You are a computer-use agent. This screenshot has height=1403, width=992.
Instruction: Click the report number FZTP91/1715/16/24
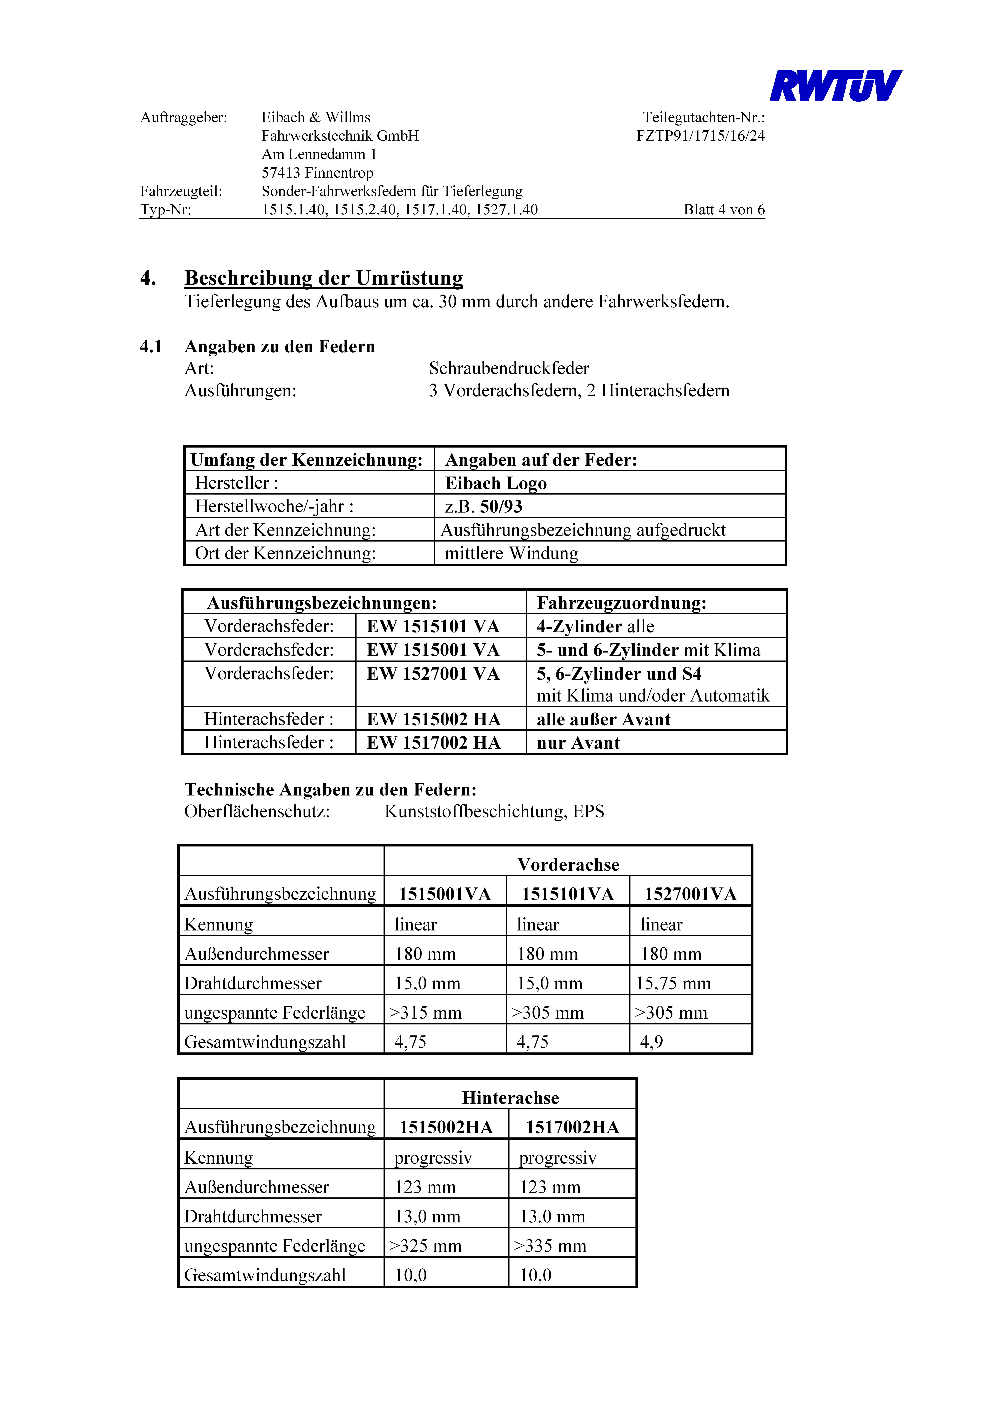pos(700,136)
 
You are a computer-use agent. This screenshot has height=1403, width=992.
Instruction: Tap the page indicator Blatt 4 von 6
pos(724,210)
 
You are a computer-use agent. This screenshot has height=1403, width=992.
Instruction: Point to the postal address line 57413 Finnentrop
pos(317,173)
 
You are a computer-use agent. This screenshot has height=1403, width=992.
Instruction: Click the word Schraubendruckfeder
pos(508,369)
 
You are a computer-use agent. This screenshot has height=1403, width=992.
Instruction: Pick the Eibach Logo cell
pos(496,483)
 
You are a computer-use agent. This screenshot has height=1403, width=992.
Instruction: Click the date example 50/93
pos(501,507)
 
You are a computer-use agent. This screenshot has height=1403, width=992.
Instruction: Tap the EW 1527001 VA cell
pos(433,674)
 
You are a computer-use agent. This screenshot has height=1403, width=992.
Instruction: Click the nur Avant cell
pos(578,743)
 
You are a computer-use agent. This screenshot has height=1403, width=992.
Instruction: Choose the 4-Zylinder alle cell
pos(595,626)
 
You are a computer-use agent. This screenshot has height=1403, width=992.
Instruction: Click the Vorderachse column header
pos(568,865)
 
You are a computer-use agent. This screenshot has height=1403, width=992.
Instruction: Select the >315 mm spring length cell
pos(425,1012)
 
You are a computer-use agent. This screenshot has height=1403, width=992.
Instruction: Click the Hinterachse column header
pos(510,1098)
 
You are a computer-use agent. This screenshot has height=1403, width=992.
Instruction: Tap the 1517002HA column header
pos(572,1127)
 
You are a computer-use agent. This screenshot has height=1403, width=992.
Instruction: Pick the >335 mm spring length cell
pos(550,1246)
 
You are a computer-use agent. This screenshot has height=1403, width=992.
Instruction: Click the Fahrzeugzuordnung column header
pos(622,603)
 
